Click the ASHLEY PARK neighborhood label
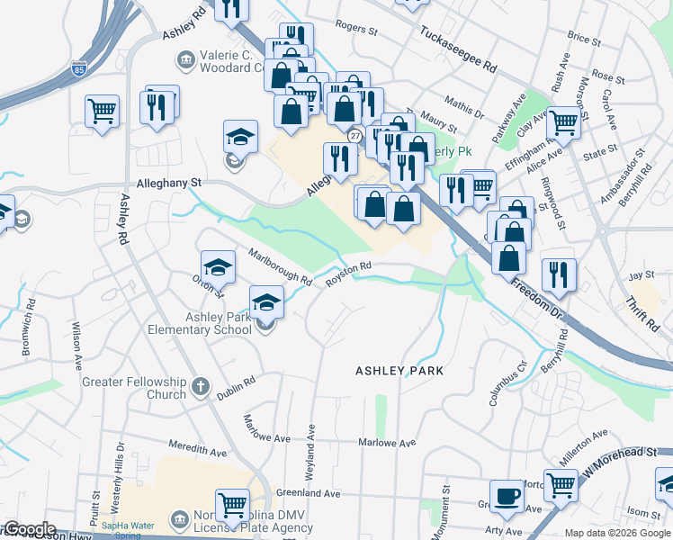pos(399,370)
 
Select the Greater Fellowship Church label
pos(134,388)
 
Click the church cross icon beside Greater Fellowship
pos(200,388)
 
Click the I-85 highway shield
pos(81,67)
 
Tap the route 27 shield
pos(355,135)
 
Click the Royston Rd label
pos(348,273)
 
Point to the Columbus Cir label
pos(507,384)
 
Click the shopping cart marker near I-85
pos(103,112)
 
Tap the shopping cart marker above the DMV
pos(233,506)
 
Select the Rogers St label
pos(355,30)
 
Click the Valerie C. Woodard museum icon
pos(185,60)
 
